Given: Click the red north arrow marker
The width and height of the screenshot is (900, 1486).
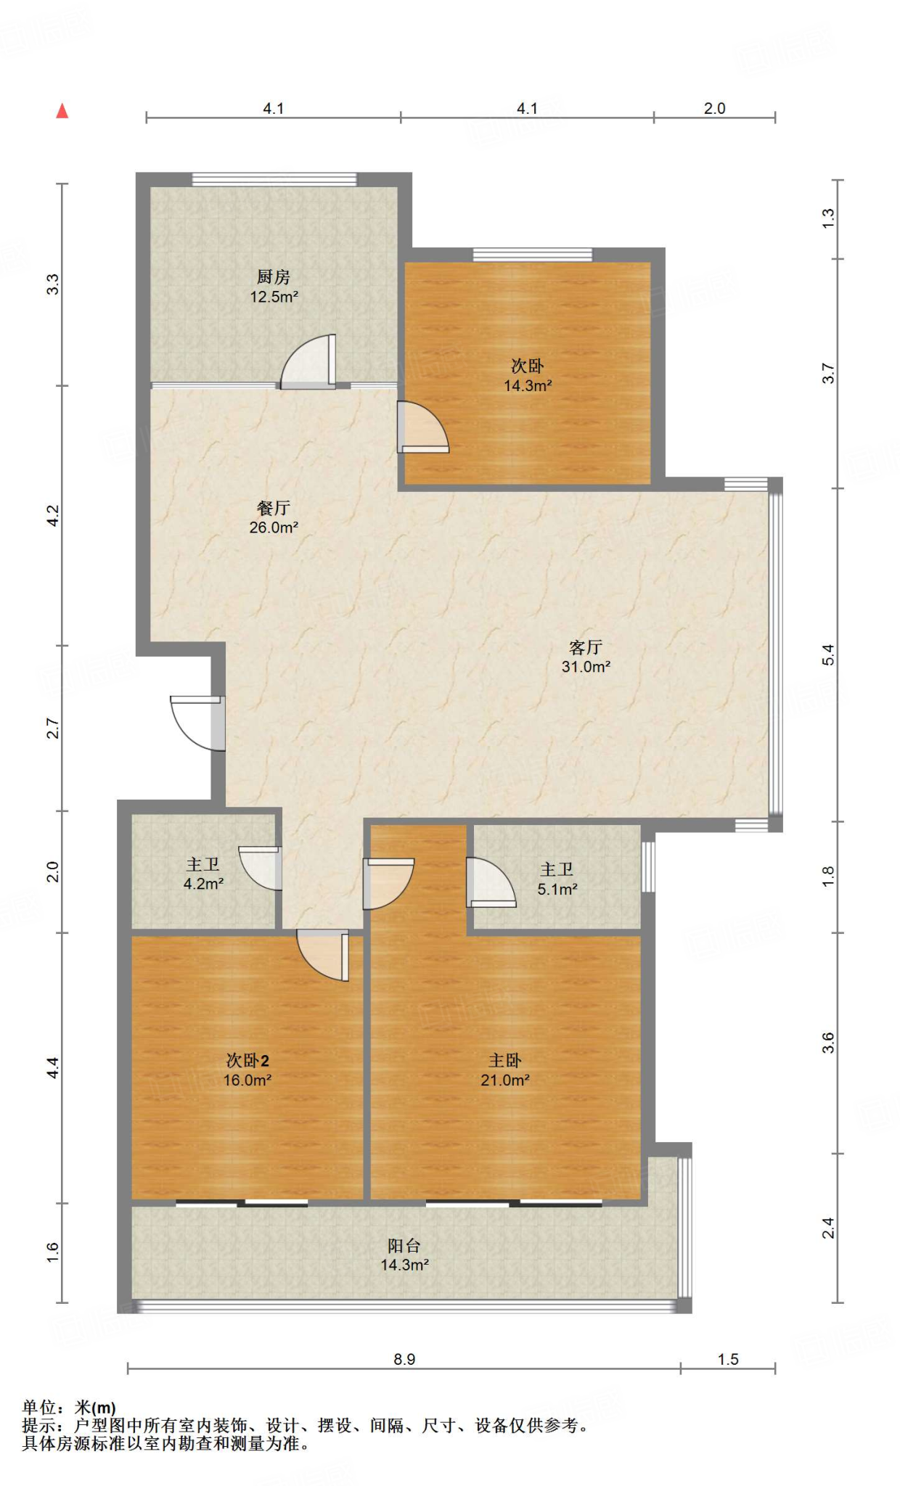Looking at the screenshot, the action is pyautogui.click(x=62, y=111).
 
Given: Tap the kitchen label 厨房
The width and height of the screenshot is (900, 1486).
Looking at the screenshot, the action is pyautogui.click(x=274, y=277).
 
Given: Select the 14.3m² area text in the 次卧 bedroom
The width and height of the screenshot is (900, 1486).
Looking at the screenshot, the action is pyautogui.click(x=528, y=385).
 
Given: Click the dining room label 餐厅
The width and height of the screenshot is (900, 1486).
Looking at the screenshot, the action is pyautogui.click(x=274, y=508).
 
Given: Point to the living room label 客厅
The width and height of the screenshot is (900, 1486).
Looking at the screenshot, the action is pyautogui.click(x=586, y=647).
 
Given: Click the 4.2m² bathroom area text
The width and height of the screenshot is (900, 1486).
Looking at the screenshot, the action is pyautogui.click(x=203, y=884).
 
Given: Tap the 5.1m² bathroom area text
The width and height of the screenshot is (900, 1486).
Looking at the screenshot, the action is pyautogui.click(x=557, y=889).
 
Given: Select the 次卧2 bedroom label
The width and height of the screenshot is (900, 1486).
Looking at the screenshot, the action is pyautogui.click(x=247, y=1061).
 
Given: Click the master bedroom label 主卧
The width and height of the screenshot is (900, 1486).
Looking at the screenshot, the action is pyautogui.click(x=505, y=1061).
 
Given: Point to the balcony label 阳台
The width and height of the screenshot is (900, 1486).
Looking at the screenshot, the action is pyautogui.click(x=404, y=1246).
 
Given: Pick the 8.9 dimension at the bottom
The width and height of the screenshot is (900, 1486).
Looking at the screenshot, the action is pyautogui.click(x=404, y=1359).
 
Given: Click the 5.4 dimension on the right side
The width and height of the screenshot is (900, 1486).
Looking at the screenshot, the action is pyautogui.click(x=828, y=654).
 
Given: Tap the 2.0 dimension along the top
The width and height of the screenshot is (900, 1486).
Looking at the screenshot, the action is pyautogui.click(x=714, y=108).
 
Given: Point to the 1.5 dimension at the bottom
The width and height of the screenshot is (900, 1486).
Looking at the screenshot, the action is pyautogui.click(x=728, y=1359).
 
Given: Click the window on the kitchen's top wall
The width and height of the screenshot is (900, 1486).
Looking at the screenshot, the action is pyautogui.click(x=274, y=179).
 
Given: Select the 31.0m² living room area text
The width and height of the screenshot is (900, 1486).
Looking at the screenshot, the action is pyautogui.click(x=586, y=667).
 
